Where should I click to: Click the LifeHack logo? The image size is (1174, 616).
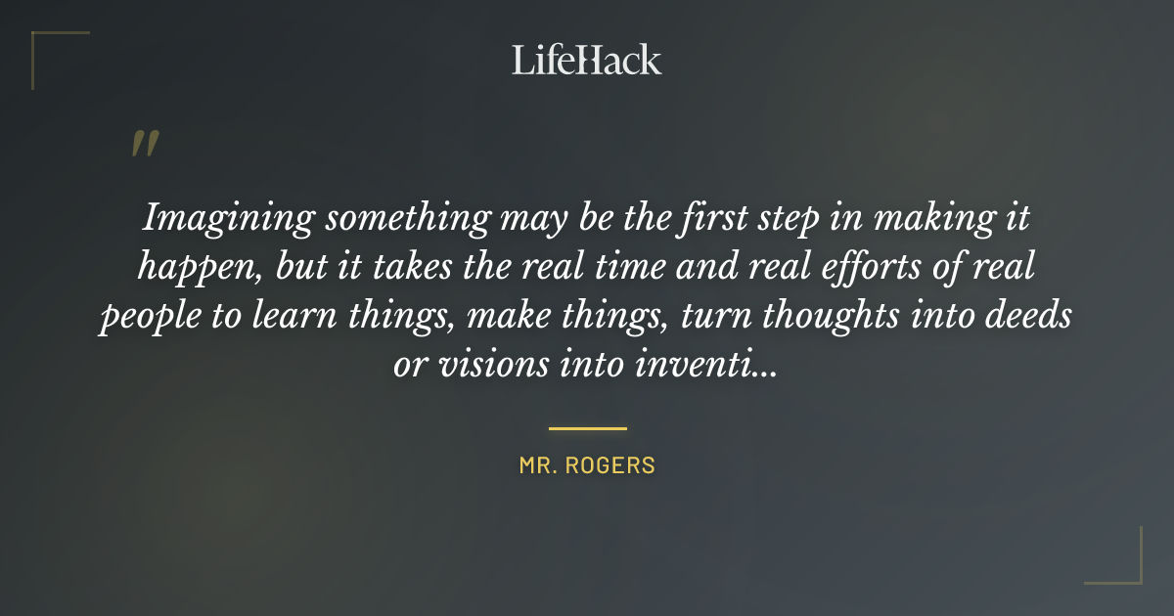tap(586, 60)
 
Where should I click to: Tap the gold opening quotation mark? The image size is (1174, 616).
tap(145, 145)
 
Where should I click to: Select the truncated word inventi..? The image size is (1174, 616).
tap(707, 367)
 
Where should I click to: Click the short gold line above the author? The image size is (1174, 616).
tap(587, 428)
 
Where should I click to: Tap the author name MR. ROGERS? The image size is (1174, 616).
tap(587, 466)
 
